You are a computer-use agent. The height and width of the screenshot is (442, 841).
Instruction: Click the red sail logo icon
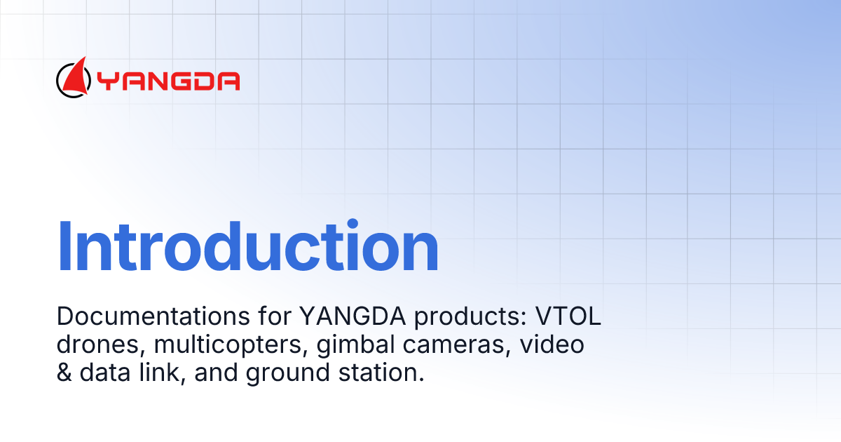pos(74,77)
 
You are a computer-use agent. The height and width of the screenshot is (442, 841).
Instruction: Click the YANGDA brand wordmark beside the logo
pos(168,81)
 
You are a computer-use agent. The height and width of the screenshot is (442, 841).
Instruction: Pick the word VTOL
pos(568,317)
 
